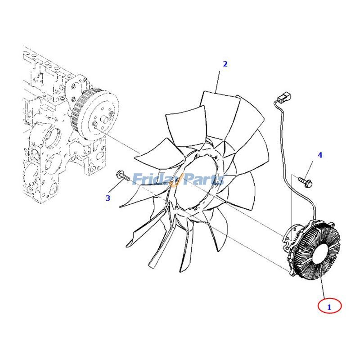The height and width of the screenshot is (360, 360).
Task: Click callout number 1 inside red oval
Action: pos(329,307)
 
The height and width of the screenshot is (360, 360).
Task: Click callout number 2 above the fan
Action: pos(225,64)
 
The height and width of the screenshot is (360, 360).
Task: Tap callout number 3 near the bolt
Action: pos(108,198)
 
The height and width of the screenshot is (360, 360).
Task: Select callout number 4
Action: pos(320,155)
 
